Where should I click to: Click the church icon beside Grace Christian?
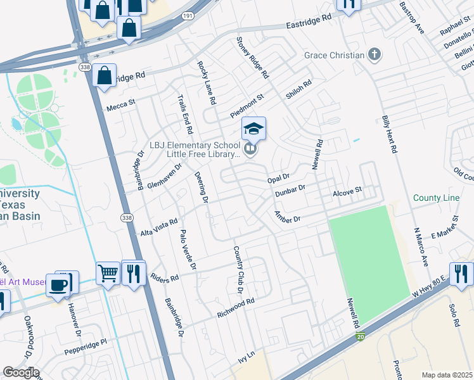375,54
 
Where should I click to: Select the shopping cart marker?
108,274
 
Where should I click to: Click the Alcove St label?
347,190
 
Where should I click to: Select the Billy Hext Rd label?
388,134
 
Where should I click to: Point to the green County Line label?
436,198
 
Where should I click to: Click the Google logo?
21,372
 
